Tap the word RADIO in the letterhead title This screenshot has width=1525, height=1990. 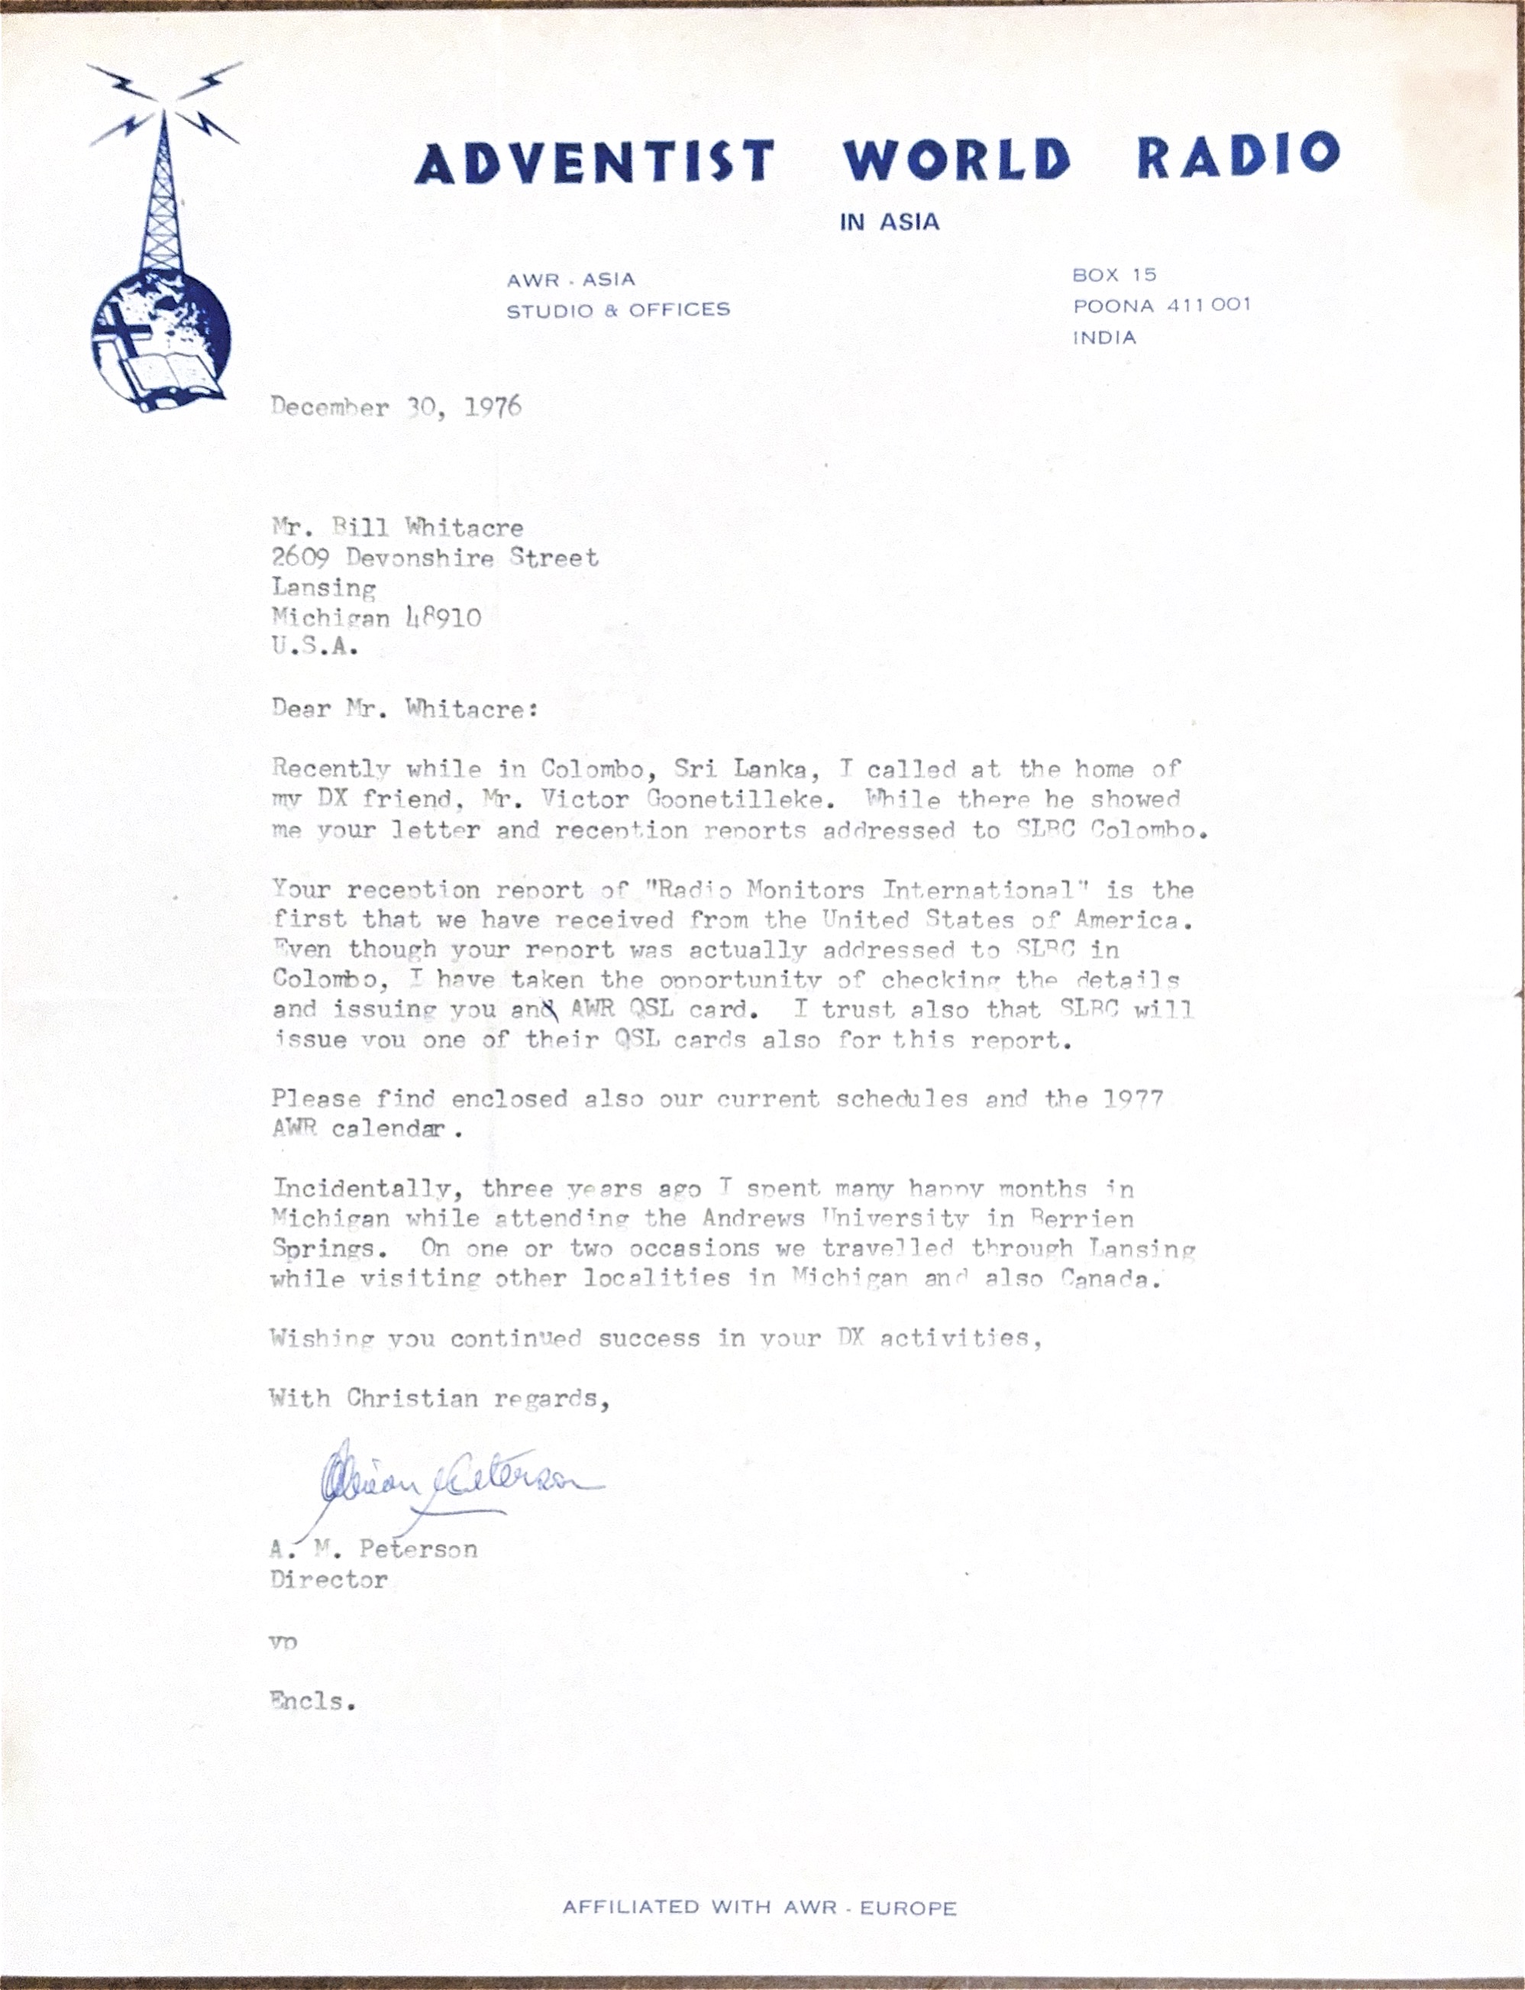pyautogui.click(x=1237, y=156)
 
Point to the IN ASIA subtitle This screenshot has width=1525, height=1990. pyautogui.click(x=889, y=222)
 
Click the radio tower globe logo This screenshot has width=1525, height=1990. pyautogui.click(x=162, y=245)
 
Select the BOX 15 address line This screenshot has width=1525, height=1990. pyautogui.click(x=1114, y=274)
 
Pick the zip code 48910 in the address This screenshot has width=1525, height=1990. pyautogui.click(x=443, y=618)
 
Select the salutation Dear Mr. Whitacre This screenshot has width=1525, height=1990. pyautogui.click(x=404, y=709)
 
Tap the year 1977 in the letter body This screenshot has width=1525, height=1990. pyautogui.click(x=1132, y=1099)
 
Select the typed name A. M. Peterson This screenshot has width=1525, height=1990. pyautogui.click(x=373, y=1548)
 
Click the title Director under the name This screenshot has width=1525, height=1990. pyautogui.click(x=328, y=1580)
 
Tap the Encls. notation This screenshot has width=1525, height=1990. pyautogui.click(x=312, y=1700)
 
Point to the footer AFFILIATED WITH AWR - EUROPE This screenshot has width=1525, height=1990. pyautogui.click(x=759, y=1907)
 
